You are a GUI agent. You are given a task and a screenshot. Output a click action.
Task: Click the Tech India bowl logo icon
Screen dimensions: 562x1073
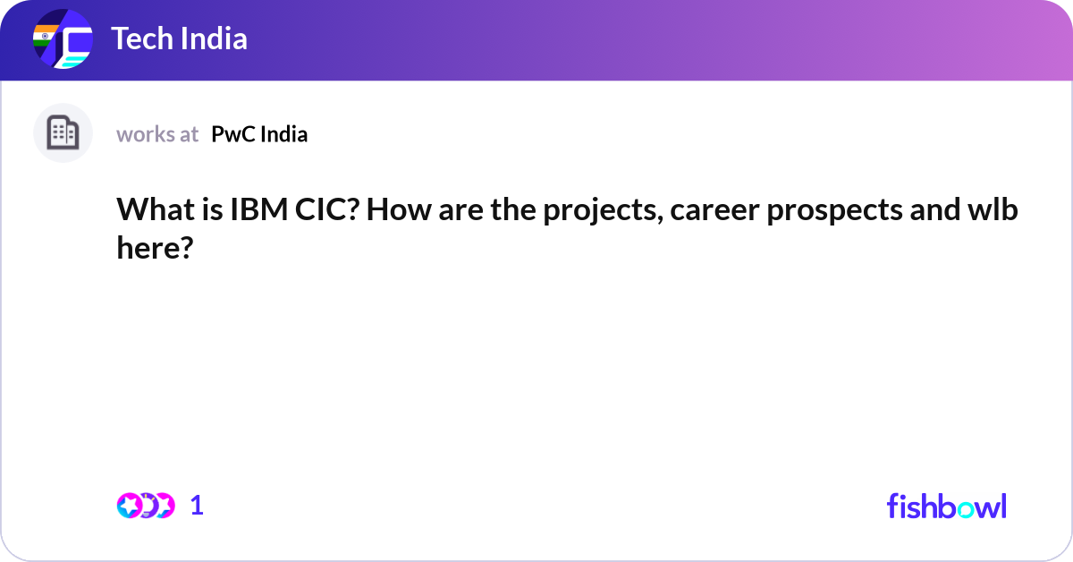63,39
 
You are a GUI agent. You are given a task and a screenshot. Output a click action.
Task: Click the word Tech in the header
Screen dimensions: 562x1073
138,39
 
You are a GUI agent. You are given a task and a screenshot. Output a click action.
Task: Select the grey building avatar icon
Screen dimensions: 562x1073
63,133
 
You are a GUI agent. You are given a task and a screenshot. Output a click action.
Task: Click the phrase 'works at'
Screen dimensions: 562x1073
157,134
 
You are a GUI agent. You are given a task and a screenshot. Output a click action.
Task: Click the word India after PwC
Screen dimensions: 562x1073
285,134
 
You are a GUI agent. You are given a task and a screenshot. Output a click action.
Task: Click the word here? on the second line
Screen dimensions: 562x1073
155,248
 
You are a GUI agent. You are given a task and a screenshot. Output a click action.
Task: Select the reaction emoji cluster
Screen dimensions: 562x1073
146,506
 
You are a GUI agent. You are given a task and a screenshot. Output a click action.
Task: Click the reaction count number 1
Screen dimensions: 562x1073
198,506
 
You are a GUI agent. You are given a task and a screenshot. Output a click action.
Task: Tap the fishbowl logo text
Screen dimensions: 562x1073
946,506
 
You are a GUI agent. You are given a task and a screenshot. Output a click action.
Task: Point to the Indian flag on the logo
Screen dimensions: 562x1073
42,37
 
